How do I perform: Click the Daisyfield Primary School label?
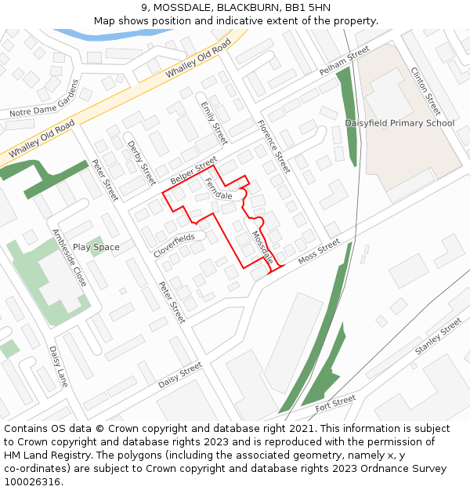click(x=399, y=123)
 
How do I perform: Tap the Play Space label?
click(x=96, y=247)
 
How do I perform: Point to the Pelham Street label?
click(x=343, y=60)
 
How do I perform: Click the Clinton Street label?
click(x=425, y=91)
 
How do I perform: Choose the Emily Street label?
click(x=213, y=122)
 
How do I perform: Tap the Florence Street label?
click(x=273, y=146)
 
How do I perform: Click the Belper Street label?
click(x=193, y=170)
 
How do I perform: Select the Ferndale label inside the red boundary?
click(x=219, y=189)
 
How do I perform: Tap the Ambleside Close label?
click(x=69, y=257)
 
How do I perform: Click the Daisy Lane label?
click(x=59, y=366)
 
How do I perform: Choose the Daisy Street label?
click(x=180, y=376)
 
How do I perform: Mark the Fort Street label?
click(x=335, y=405)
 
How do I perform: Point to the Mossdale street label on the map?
click(x=262, y=246)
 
